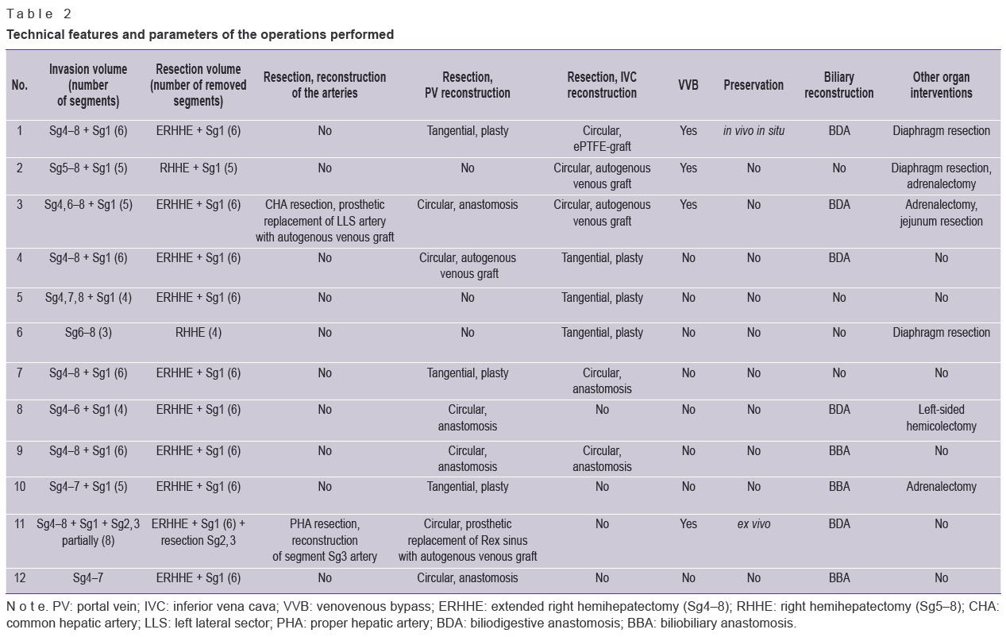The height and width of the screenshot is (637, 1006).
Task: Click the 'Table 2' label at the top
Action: (x=39, y=14)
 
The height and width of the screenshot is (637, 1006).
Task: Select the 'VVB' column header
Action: (x=688, y=85)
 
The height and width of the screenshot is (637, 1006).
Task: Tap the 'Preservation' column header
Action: (x=754, y=85)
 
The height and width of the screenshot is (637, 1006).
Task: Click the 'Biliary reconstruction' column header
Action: (x=839, y=85)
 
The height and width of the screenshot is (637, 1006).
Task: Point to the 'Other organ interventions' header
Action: (x=941, y=85)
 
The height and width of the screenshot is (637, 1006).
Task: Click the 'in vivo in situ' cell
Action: (x=754, y=131)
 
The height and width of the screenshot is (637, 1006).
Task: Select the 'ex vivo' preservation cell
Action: (x=754, y=523)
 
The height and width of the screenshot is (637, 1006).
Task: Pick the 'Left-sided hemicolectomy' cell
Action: (x=941, y=418)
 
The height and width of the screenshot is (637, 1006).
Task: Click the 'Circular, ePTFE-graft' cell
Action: (x=602, y=138)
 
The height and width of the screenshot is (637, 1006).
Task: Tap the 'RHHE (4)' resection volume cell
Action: (x=198, y=333)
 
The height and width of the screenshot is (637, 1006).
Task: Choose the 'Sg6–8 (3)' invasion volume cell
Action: (x=88, y=333)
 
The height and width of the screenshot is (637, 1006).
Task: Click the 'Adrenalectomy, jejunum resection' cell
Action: (x=941, y=213)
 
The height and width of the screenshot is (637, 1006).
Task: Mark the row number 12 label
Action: (x=19, y=577)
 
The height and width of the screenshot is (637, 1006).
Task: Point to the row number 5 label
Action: (x=19, y=297)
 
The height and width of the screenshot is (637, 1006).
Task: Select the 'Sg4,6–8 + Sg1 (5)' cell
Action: (x=88, y=205)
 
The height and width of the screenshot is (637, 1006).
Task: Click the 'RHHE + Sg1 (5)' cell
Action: (x=198, y=168)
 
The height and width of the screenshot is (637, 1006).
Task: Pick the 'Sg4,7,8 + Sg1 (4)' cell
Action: (x=88, y=297)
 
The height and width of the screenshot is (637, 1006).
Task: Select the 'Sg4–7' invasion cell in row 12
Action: (x=88, y=577)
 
